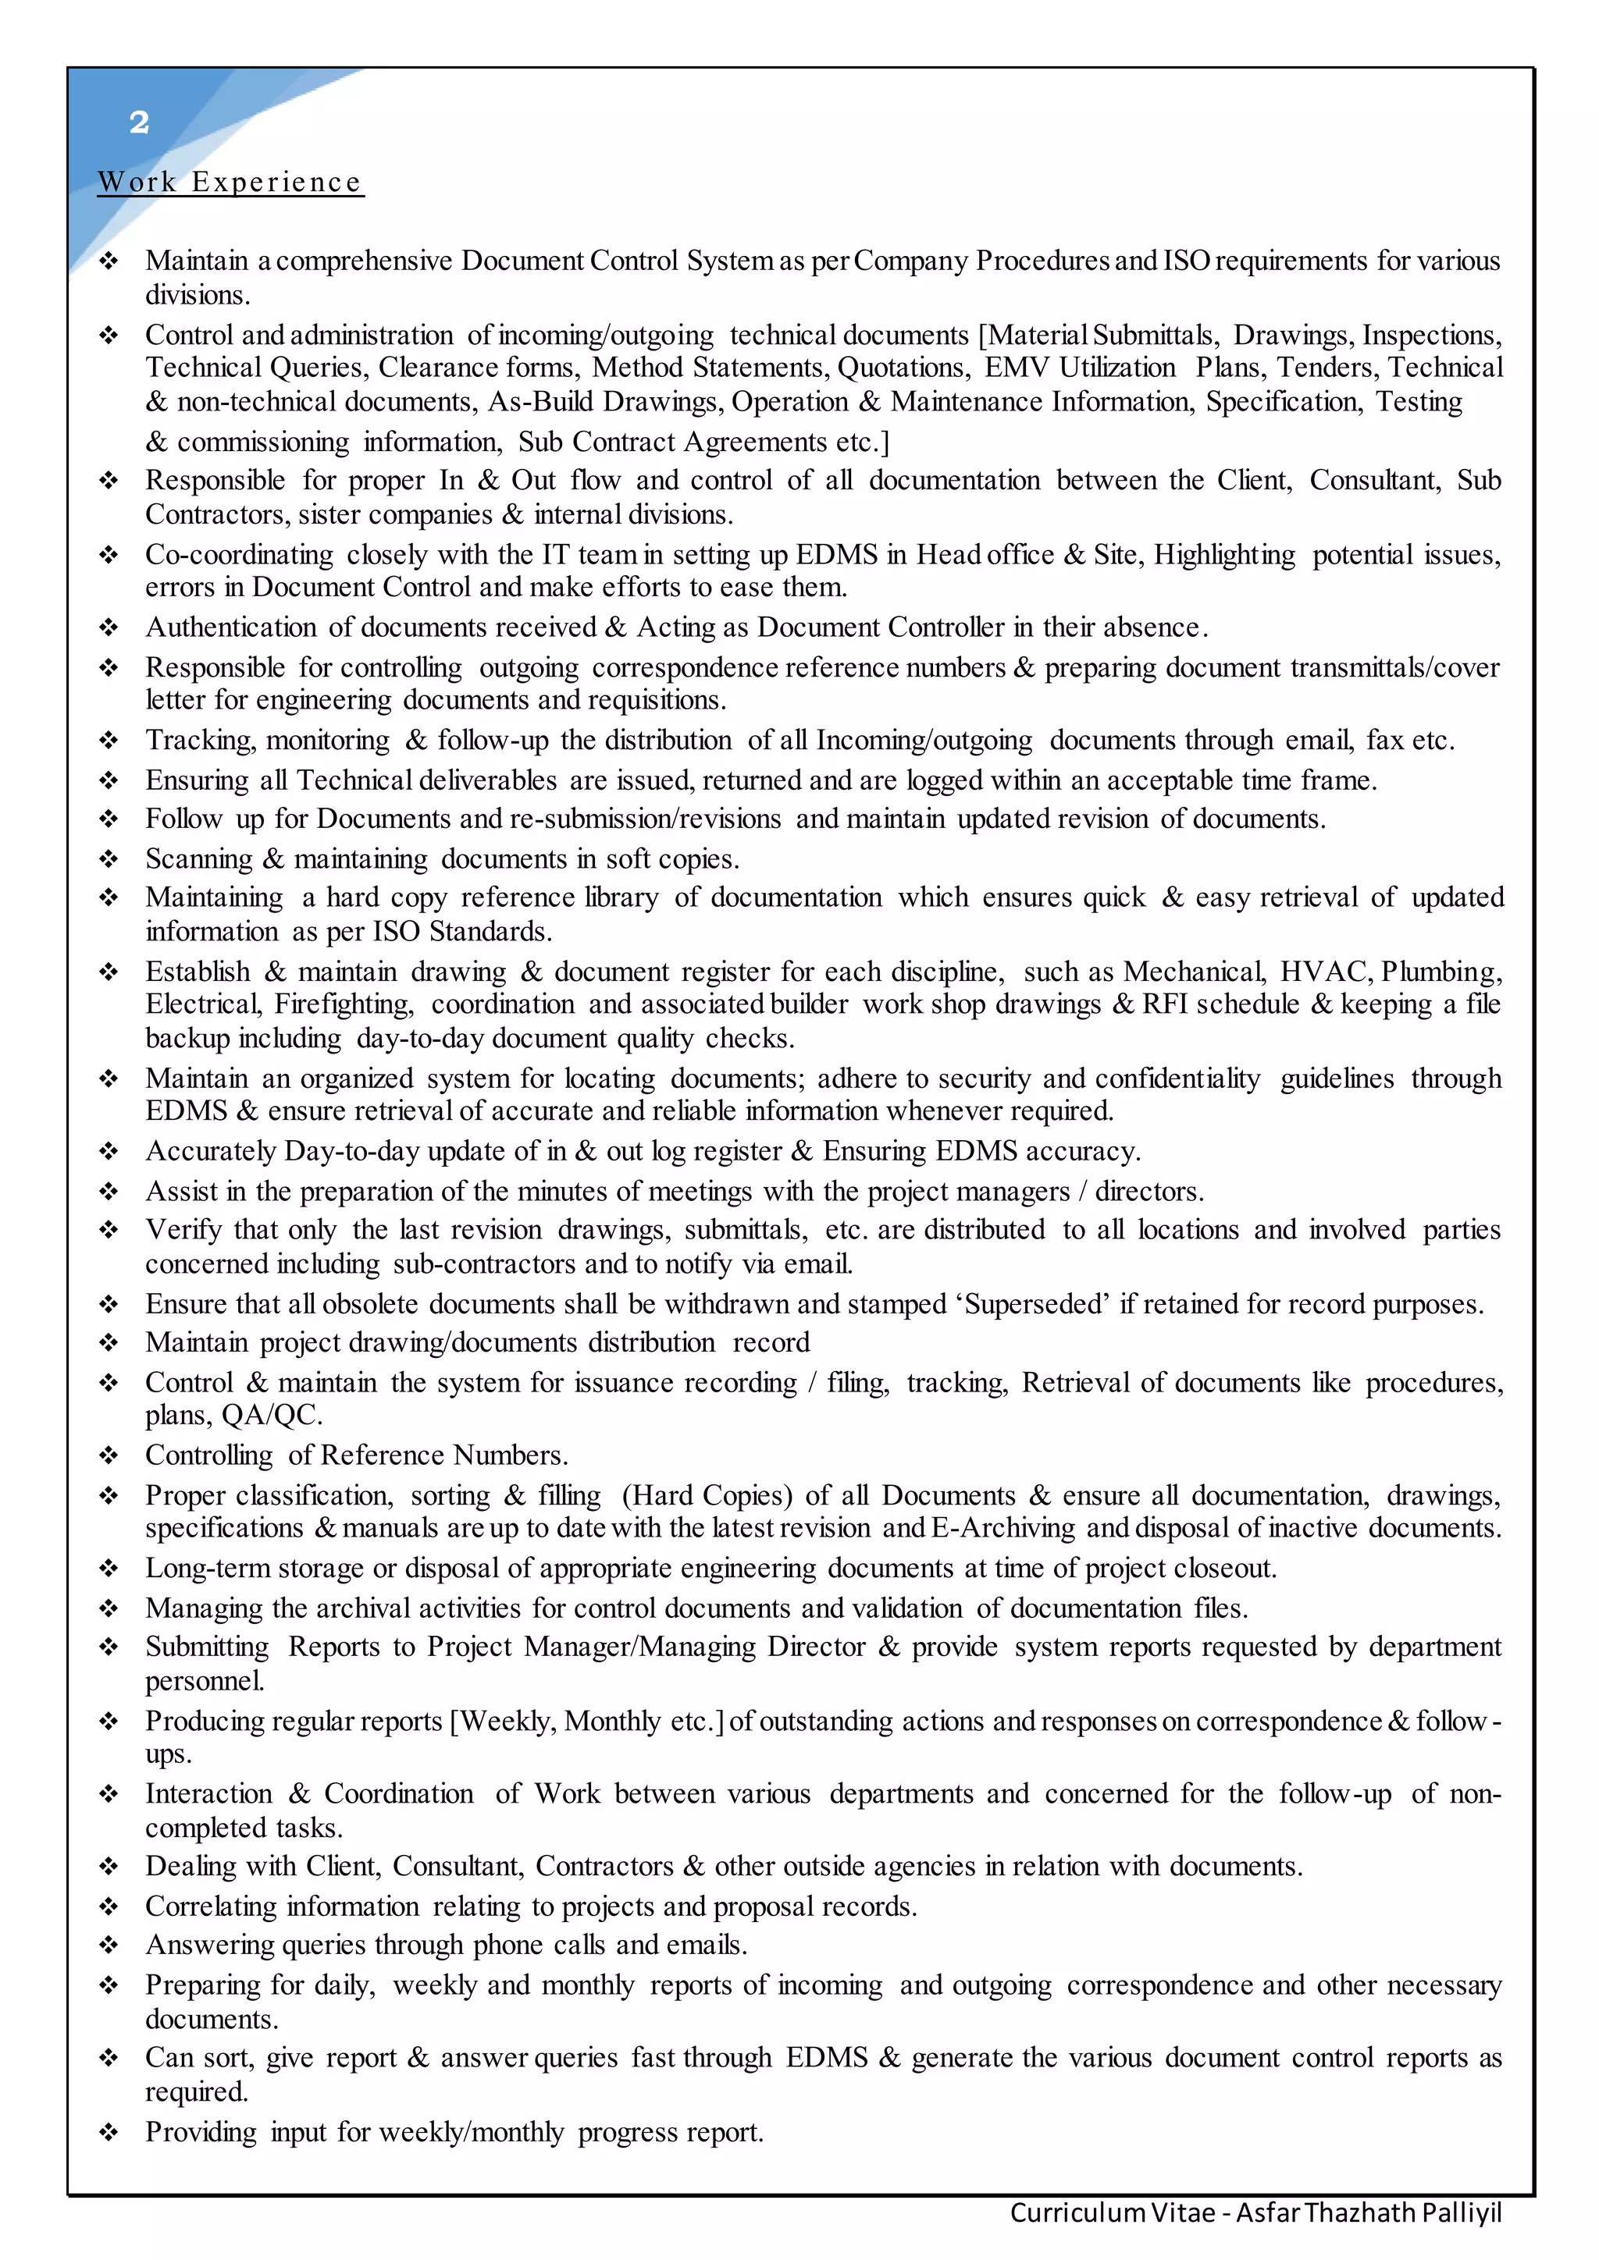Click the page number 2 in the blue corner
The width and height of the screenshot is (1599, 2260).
[x=139, y=122]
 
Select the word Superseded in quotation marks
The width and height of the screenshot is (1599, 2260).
[x=1037, y=1304]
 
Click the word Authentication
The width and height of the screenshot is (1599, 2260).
[x=231, y=627]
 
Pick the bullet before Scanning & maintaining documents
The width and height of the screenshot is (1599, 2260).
[x=109, y=859]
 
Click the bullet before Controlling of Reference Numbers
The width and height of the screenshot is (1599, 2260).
[x=109, y=1455]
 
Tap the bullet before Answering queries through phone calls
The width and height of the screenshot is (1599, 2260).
[x=109, y=1945]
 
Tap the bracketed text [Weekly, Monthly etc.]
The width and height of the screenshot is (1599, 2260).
[x=587, y=1722]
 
